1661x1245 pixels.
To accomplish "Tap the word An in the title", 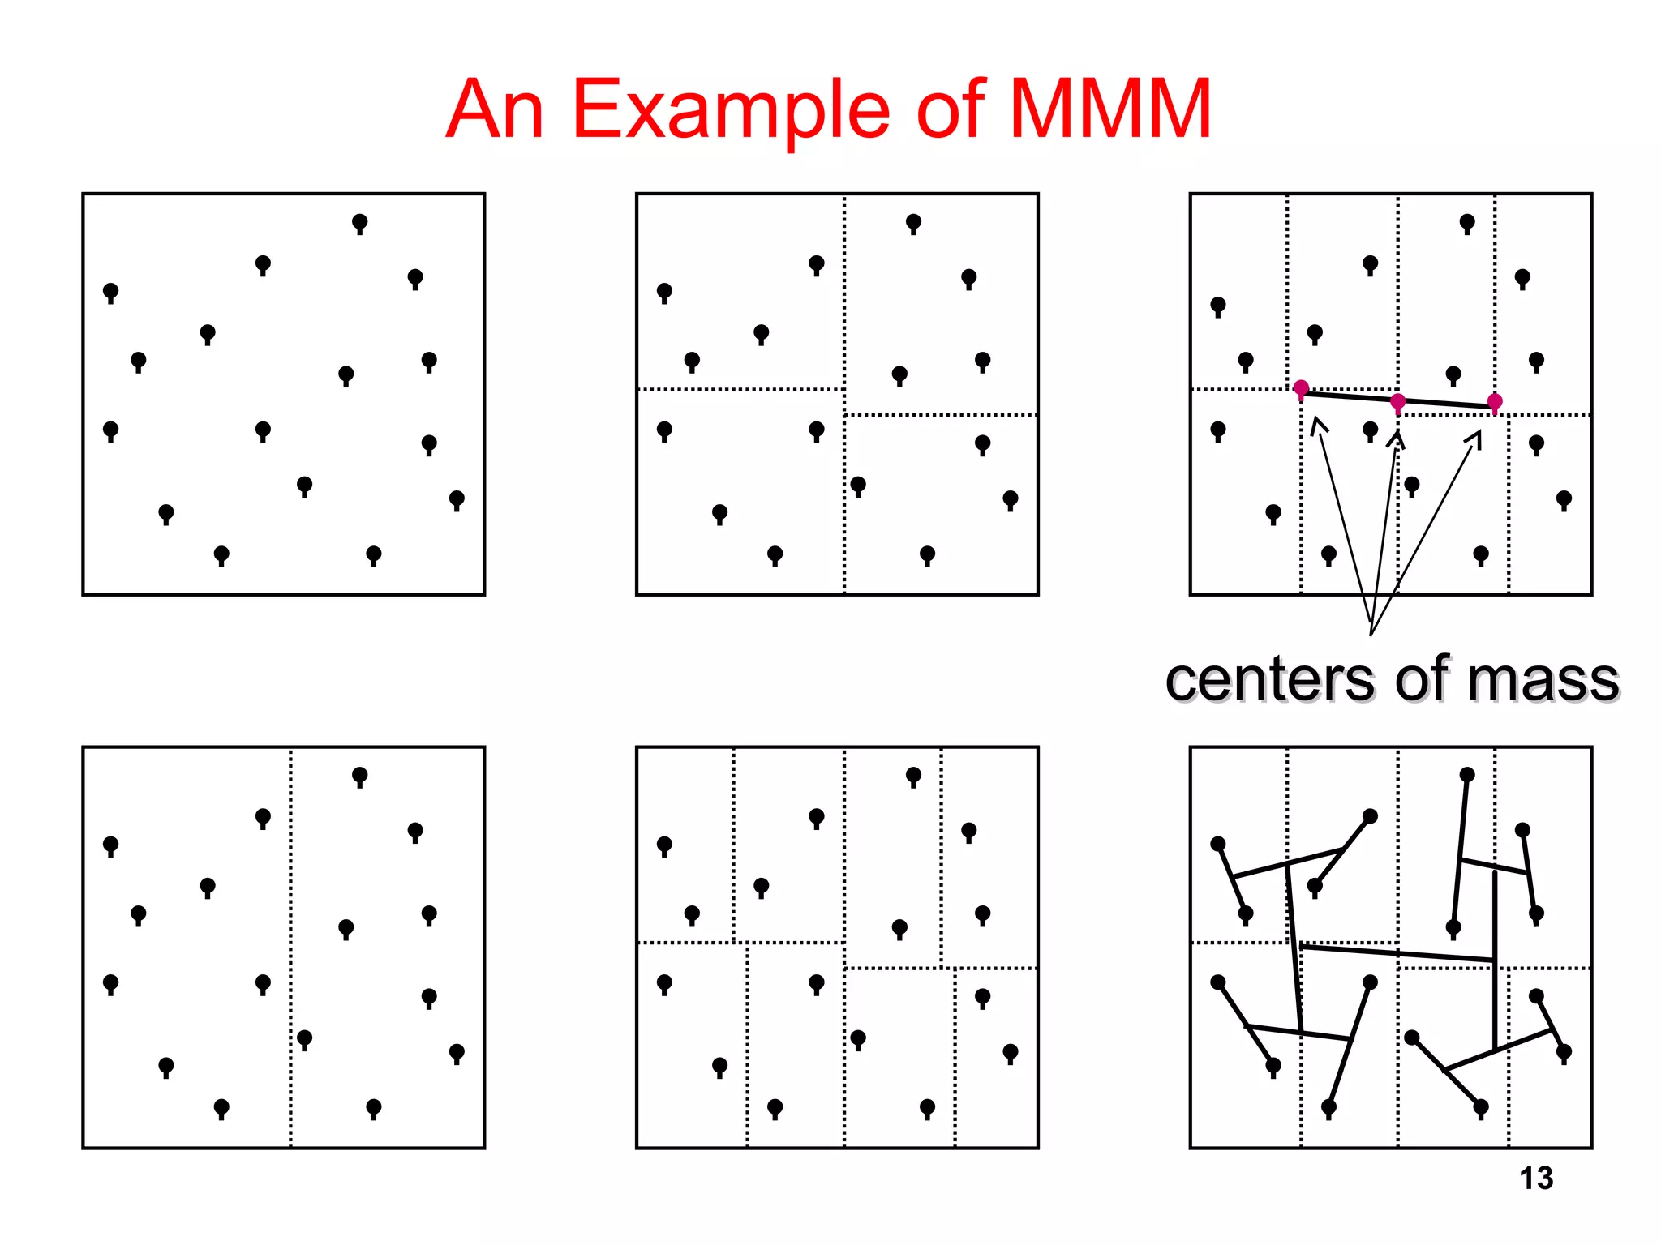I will click(495, 109).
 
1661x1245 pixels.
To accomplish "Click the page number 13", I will click(1536, 1179).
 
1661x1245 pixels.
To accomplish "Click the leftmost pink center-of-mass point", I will click(1301, 388).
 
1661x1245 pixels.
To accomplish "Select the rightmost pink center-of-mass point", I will click(1495, 402).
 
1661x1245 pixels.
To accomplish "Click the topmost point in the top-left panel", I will click(359, 221).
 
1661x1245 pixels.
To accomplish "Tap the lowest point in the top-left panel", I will click(221, 554).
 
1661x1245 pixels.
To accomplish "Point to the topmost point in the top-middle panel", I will click(913, 221).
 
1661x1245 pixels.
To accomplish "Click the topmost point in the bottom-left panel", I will click(359, 775).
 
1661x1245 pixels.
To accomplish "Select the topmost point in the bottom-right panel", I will click(1466, 775).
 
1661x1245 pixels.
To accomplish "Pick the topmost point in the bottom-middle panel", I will click(913, 775).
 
